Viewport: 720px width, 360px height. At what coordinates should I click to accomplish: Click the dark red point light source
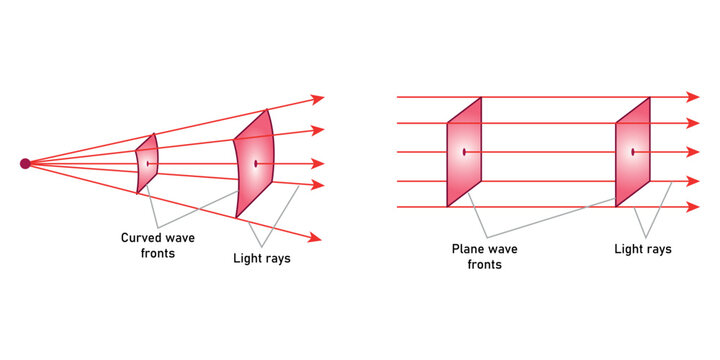click(25, 164)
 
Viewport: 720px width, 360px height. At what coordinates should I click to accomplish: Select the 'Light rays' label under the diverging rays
click(261, 259)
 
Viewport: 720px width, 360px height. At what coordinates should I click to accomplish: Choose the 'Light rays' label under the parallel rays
click(643, 249)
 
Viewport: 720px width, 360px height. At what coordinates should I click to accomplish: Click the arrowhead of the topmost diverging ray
click(319, 99)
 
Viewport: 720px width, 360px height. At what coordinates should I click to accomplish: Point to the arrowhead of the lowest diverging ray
click(317, 237)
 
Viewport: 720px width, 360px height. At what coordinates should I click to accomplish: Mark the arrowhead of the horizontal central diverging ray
click(318, 164)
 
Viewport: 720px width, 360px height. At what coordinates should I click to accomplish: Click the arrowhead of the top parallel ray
click(692, 97)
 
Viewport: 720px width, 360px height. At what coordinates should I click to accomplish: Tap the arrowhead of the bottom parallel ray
click(692, 207)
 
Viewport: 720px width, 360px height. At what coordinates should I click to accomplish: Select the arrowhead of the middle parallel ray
click(692, 152)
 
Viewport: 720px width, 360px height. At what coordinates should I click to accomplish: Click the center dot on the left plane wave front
click(464, 152)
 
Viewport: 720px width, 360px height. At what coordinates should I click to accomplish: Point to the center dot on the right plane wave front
click(633, 152)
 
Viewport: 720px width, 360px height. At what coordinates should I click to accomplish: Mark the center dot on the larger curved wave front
click(256, 163)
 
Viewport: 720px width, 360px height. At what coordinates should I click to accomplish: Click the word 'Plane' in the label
click(468, 249)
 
